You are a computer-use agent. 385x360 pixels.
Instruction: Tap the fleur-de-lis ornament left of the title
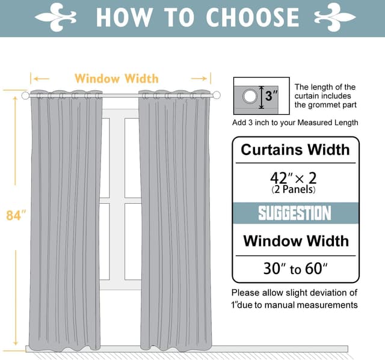click(x=59, y=17)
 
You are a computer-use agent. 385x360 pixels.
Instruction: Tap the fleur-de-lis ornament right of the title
click(x=334, y=17)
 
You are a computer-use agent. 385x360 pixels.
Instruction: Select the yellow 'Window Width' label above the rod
click(x=117, y=79)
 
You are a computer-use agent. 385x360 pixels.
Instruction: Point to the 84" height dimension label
click(x=16, y=215)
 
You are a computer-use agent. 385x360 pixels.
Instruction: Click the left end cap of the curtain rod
click(x=25, y=96)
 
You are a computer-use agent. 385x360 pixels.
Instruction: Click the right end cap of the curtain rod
click(x=217, y=95)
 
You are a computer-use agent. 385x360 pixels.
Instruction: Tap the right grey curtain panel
click(x=175, y=222)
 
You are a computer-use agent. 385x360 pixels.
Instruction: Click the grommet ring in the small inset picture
click(x=248, y=96)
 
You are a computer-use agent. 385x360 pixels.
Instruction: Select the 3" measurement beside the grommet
click(x=272, y=96)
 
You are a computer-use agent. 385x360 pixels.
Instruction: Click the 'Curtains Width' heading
click(x=295, y=150)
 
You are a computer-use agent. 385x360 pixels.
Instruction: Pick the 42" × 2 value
click(x=294, y=177)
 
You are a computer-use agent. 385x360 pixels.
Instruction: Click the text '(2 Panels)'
click(x=295, y=190)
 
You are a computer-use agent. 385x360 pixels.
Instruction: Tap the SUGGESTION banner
click(x=295, y=213)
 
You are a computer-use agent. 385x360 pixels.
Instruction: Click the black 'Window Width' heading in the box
click(x=295, y=241)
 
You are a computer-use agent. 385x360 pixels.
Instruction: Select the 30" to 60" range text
click(x=295, y=269)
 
